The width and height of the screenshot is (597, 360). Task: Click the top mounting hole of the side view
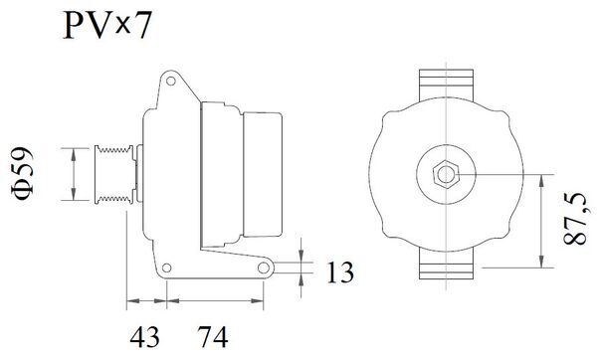point(171,79)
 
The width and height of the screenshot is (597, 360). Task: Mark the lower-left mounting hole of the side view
point(168,267)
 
